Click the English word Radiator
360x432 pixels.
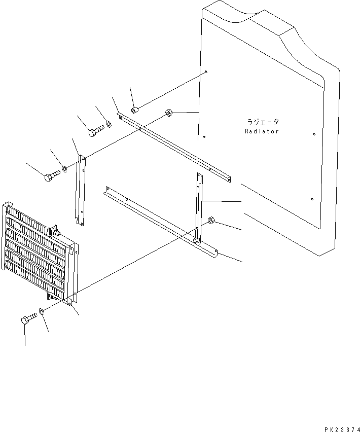(262, 131)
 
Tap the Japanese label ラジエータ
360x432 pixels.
(263, 122)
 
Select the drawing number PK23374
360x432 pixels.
(342, 429)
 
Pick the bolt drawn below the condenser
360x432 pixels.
(28, 318)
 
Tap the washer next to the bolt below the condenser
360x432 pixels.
(41, 311)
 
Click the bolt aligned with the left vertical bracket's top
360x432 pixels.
(52, 176)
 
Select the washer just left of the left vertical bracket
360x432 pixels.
(64, 168)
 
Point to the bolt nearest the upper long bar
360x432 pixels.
(96, 130)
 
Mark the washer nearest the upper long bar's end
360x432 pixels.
(109, 124)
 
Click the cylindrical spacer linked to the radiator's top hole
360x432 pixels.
(134, 110)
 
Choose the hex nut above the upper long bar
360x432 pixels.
(169, 113)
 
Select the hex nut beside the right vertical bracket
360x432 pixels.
(211, 220)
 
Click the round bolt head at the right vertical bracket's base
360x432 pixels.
(195, 240)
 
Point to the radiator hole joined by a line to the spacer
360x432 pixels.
(206, 72)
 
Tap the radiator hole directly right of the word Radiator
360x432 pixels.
(314, 134)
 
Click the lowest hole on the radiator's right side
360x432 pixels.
(312, 199)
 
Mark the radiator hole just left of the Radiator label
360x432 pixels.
(204, 137)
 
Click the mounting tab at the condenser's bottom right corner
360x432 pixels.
(70, 303)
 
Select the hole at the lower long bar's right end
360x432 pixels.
(216, 251)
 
